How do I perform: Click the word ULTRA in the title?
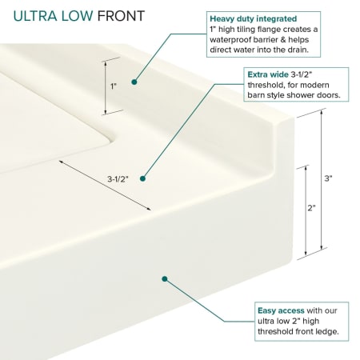[x=35, y=16]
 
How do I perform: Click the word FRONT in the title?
[x=121, y=16]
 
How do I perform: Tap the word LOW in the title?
[x=78, y=16]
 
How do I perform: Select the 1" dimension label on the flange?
[x=114, y=86]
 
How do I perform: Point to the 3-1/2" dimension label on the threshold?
[x=118, y=179]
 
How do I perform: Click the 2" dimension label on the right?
[x=312, y=208]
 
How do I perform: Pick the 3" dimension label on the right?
[x=328, y=178]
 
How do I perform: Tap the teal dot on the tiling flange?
[x=134, y=82]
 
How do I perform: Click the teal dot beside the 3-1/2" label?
[x=142, y=178]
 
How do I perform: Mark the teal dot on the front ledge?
[x=165, y=279]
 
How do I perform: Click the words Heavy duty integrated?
[x=254, y=19]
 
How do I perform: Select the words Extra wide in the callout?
[x=268, y=74]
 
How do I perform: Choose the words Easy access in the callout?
[x=281, y=310]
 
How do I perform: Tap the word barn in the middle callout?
[x=256, y=95]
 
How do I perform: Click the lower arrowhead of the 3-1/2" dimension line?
[x=148, y=209]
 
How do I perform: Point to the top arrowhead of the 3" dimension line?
[x=322, y=112]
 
